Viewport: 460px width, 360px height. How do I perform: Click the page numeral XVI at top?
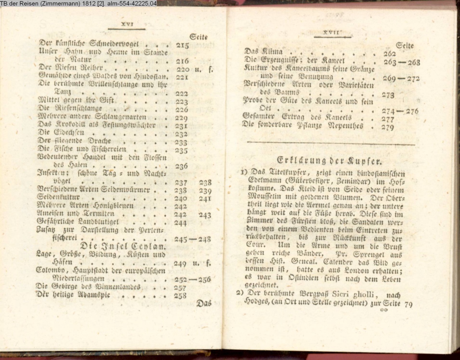coord(127,24)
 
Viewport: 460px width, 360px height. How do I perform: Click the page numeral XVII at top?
coord(332,33)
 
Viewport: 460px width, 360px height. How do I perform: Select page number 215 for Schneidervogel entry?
coord(182,46)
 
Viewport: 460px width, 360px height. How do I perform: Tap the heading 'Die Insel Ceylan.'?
coord(123,247)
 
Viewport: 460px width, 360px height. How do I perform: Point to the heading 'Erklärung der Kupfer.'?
coord(329,160)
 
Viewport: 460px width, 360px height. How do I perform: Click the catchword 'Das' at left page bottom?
coord(204,303)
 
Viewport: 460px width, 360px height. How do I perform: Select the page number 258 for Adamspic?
coord(180,296)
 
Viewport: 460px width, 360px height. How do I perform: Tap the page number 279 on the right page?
coord(387,127)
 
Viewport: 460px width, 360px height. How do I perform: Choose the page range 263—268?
coord(401,62)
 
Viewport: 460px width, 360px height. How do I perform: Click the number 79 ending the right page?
coord(408,304)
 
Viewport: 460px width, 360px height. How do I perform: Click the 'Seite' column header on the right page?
coord(404,46)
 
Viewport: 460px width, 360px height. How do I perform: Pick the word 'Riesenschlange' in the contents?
coord(81,109)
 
